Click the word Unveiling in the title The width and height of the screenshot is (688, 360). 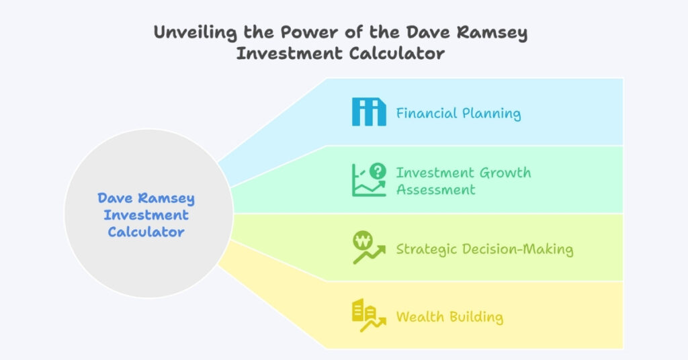[x=196, y=33]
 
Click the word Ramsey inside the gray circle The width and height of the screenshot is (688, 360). [x=167, y=199]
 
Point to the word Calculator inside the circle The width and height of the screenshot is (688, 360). [x=146, y=232]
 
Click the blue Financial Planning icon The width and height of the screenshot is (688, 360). [x=369, y=111]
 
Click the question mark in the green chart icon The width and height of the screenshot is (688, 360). [x=378, y=171]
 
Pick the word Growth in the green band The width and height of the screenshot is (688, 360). [x=505, y=173]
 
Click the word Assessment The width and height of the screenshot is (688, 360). [x=435, y=189]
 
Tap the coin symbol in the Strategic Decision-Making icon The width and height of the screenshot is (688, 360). [x=363, y=240]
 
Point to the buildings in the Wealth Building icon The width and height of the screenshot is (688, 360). [x=364, y=310]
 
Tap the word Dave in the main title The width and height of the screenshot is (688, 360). [x=427, y=32]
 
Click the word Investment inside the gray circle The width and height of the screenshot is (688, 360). [x=146, y=215]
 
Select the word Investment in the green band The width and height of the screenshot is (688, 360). [x=435, y=173]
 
